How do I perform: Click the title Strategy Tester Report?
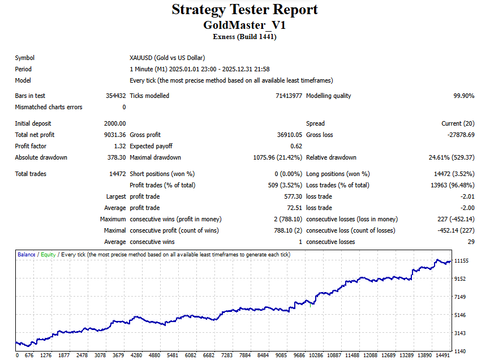[x=244, y=10]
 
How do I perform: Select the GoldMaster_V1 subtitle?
[x=244, y=25]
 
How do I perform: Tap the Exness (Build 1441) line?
[x=244, y=37]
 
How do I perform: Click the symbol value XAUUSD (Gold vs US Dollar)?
[x=167, y=58]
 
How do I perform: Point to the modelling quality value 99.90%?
[x=463, y=96]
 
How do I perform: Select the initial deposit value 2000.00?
[x=115, y=123]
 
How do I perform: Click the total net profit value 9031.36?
[x=115, y=135]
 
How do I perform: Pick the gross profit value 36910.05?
[x=286, y=135]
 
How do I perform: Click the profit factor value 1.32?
[x=119, y=146]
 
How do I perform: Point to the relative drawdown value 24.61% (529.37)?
[x=452, y=157]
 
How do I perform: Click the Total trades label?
[x=31, y=174]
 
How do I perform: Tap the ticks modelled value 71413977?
[x=289, y=96]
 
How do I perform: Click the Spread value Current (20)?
[x=458, y=123]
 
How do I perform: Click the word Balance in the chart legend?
[x=26, y=255]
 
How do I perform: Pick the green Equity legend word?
[x=48, y=255]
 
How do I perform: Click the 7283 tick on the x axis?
[x=227, y=355]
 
